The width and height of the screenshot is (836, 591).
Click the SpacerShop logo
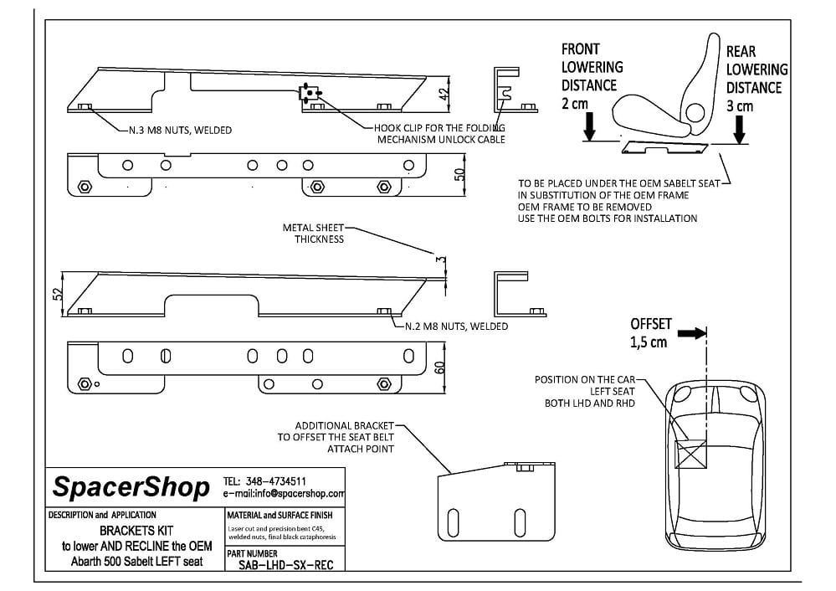point(131,487)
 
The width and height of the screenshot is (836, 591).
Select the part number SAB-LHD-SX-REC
point(285,565)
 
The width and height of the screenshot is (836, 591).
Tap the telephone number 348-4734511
point(275,481)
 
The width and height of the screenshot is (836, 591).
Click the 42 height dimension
point(444,94)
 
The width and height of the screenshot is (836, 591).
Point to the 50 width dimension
point(459,174)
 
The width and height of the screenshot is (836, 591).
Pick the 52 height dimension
point(58,294)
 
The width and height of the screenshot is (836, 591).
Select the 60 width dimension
point(439,368)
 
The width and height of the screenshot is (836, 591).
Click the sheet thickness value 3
point(440,260)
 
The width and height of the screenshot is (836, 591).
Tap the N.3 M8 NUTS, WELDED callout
point(180,130)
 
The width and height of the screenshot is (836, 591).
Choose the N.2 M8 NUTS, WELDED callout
point(456,326)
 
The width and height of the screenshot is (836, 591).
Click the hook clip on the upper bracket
point(310,94)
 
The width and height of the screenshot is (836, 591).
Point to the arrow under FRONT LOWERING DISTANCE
point(589,126)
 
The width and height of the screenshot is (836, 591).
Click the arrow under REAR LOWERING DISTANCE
point(739,129)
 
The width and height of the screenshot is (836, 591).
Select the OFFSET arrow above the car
point(692,333)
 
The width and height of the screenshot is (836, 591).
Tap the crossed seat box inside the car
point(690,454)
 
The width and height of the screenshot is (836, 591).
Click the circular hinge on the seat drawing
point(695,112)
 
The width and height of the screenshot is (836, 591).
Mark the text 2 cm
point(575,104)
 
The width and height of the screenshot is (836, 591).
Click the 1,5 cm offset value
point(649,342)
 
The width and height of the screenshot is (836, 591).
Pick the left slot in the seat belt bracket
point(454,522)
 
